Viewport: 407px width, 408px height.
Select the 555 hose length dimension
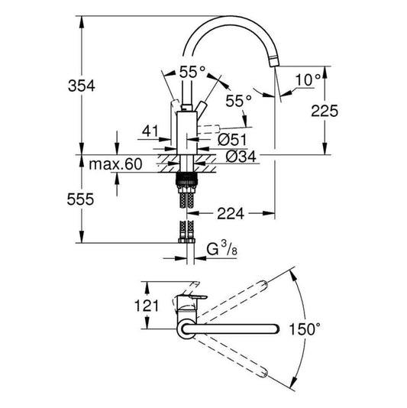click(x=97, y=200)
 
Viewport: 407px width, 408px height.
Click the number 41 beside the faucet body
click(x=150, y=131)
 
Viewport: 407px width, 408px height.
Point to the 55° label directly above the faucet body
click(x=192, y=73)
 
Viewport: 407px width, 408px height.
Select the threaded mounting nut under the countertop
click(x=186, y=183)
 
